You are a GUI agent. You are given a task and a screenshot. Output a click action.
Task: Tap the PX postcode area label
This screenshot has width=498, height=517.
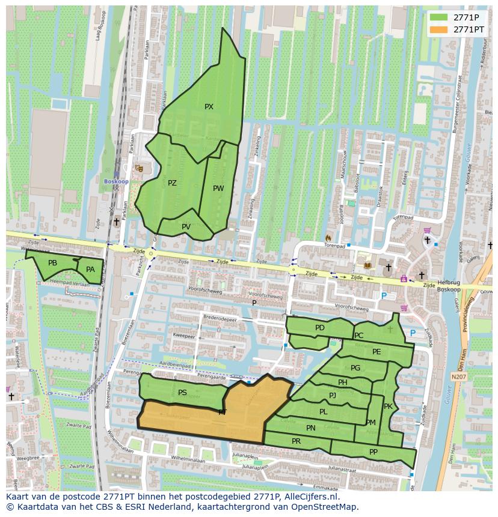click(x=209, y=107)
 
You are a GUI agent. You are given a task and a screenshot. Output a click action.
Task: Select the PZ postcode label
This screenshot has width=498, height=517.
click(x=172, y=183)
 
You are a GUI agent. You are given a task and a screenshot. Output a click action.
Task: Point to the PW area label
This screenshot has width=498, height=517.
click(x=218, y=189)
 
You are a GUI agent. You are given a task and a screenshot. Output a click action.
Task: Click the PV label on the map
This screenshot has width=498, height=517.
click(x=186, y=227)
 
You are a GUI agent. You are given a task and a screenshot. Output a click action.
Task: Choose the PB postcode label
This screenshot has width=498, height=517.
click(x=52, y=263)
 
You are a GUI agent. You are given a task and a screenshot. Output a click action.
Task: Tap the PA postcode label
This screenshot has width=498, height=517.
click(x=90, y=270)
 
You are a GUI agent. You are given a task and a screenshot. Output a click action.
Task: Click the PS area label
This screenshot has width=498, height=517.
click(x=182, y=393)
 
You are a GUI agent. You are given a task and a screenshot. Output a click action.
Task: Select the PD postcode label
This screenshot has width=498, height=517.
click(x=319, y=328)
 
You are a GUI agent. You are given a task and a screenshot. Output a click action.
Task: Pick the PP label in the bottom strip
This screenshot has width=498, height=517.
click(x=373, y=452)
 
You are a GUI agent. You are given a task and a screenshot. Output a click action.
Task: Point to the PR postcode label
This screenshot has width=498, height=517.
click(x=296, y=441)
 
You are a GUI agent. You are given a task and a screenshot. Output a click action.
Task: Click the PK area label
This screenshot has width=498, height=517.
click(x=388, y=407)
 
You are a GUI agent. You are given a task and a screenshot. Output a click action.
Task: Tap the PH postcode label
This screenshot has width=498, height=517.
click(x=342, y=382)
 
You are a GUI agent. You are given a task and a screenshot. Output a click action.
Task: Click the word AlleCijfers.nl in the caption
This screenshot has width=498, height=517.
click(x=309, y=497)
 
